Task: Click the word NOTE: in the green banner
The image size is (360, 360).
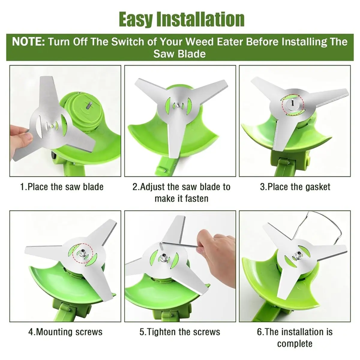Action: pos(28,42)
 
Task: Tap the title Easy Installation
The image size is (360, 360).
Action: pos(182,19)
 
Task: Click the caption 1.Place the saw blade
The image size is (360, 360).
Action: pos(62,187)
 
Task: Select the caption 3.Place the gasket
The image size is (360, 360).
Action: pos(295,187)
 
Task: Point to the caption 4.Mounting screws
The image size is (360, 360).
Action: pos(65,332)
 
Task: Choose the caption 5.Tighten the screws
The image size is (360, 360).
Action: pos(180,332)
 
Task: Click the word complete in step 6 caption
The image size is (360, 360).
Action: pos(295,344)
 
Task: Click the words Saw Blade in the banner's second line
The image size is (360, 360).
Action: pos(179,54)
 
